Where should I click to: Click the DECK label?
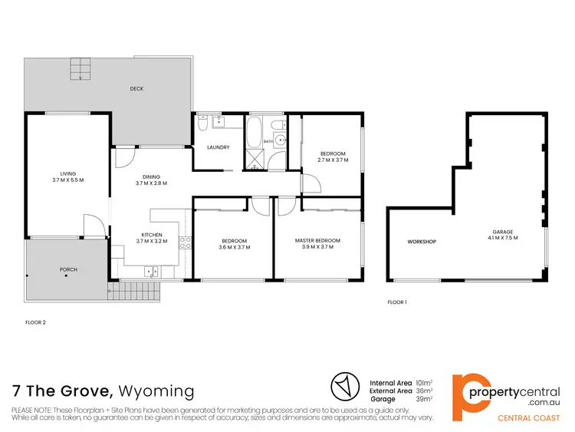click(x=136, y=89)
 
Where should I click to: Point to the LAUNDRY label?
click(x=219, y=147)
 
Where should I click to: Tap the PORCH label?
click(x=69, y=270)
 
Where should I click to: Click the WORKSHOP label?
click(x=422, y=242)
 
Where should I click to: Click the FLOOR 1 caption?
click(x=396, y=302)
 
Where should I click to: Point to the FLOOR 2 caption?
click(x=35, y=322)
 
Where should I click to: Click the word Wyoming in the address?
click(x=156, y=391)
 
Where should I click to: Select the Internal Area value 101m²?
click(x=423, y=381)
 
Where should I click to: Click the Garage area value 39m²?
click(x=423, y=399)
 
